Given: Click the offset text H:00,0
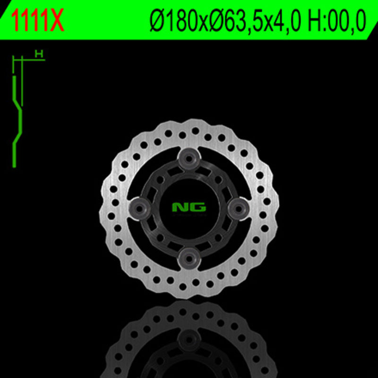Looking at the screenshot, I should (x=337, y=21).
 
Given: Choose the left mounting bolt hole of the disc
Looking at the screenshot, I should (x=139, y=206).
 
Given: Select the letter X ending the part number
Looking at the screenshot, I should (x=57, y=21).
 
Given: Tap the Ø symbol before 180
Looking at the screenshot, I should (x=155, y=21).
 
